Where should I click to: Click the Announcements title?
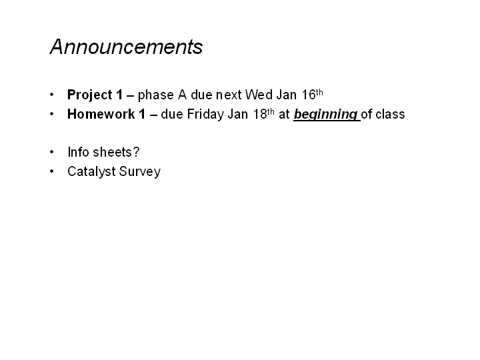126,47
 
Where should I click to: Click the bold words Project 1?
95,95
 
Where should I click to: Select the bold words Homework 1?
106,114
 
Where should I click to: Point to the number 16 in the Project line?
309,95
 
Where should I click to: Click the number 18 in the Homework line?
260,114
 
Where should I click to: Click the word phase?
156,95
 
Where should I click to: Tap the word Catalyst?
91,171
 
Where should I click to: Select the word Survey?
139,172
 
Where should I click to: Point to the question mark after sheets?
136,152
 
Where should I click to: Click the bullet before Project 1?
51,95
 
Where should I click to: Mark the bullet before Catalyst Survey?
51,171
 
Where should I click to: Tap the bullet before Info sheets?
51,151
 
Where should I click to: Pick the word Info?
78,152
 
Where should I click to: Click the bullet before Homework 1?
51,114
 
